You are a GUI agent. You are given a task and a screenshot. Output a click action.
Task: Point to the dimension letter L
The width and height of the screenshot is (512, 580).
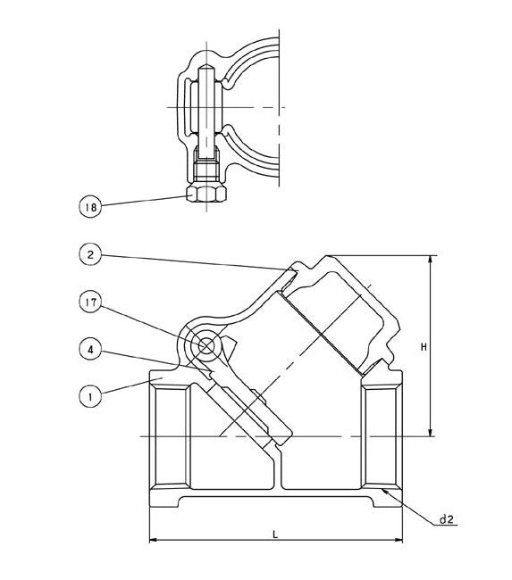tap(275, 534)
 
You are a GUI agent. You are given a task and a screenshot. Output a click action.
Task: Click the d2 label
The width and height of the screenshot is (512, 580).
tap(447, 518)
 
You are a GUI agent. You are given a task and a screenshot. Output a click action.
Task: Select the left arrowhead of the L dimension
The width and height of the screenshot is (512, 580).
tap(152, 541)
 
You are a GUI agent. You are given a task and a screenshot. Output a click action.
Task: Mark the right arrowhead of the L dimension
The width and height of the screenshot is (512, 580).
tap(399, 541)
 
